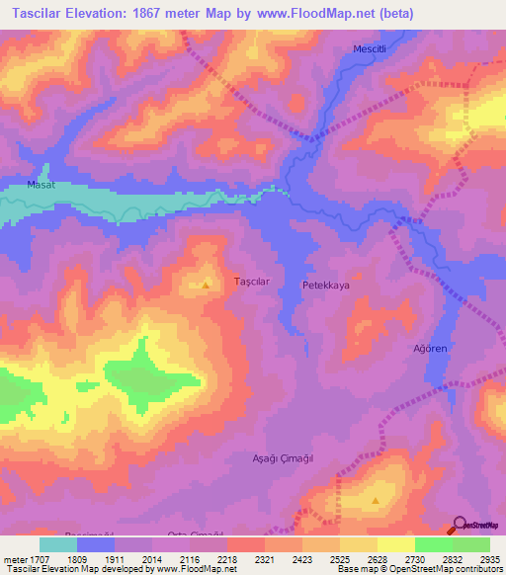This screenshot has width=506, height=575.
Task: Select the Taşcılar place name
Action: coord(251,282)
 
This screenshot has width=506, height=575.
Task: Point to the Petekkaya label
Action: coord(325,285)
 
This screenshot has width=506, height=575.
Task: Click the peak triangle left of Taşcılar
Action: coord(206,286)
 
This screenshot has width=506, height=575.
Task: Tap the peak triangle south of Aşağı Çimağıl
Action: coord(376,501)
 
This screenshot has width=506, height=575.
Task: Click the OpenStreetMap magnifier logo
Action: coord(460,525)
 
